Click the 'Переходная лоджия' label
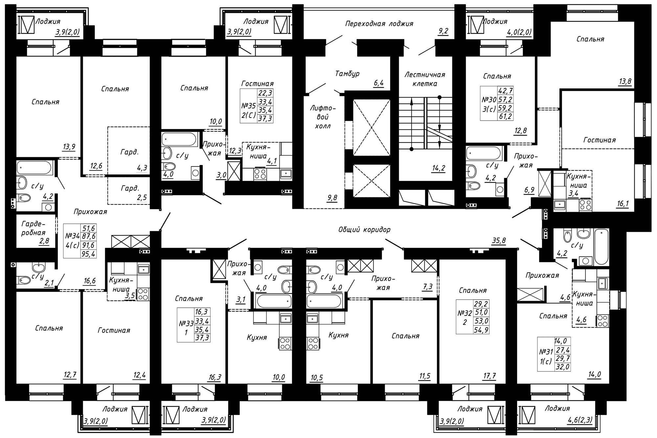click(x=379, y=24)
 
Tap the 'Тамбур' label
click(x=347, y=74)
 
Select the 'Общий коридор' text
click(x=364, y=230)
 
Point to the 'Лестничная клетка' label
click(x=425, y=79)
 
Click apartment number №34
click(x=73, y=236)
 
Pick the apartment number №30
click(x=489, y=100)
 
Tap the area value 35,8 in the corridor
click(x=499, y=241)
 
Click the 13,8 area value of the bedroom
click(x=625, y=81)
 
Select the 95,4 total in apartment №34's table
click(x=88, y=253)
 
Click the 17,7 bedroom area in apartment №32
click(x=489, y=376)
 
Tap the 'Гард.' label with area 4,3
click(x=129, y=152)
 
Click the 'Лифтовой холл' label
click(x=323, y=117)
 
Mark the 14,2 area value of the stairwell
click(x=438, y=168)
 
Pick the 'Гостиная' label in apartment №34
click(x=114, y=330)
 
